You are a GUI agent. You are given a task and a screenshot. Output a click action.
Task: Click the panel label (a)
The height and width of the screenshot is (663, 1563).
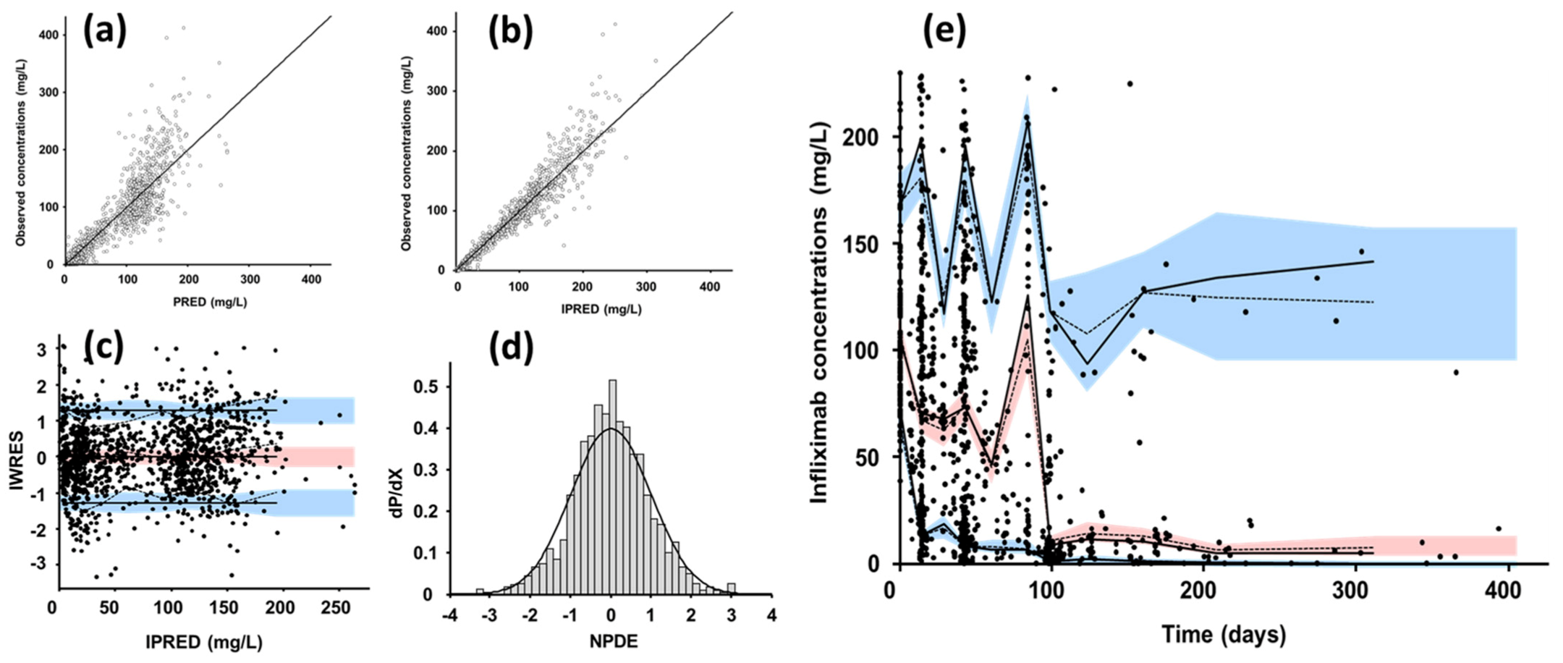[104, 32]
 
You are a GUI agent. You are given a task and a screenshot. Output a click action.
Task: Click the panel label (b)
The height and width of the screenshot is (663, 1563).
[510, 32]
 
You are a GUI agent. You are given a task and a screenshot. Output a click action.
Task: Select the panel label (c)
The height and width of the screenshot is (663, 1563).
[103, 347]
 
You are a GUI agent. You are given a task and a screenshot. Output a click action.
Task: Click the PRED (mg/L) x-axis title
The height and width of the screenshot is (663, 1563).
[210, 302]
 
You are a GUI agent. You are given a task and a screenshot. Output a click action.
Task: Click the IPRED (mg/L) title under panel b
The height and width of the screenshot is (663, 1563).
[601, 309]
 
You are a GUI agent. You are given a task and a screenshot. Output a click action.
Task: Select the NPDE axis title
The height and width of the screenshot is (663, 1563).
[611, 641]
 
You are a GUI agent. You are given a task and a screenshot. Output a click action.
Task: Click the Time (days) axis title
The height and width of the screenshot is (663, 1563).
[1223, 634]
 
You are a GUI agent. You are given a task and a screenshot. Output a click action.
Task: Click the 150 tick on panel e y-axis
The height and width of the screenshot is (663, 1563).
[861, 244]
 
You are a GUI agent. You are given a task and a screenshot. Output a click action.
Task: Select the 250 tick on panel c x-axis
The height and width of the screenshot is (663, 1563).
[336, 607]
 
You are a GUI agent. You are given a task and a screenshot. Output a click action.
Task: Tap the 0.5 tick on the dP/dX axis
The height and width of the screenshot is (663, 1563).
[423, 387]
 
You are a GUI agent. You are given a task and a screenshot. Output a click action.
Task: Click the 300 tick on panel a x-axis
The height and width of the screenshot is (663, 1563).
[249, 279]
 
